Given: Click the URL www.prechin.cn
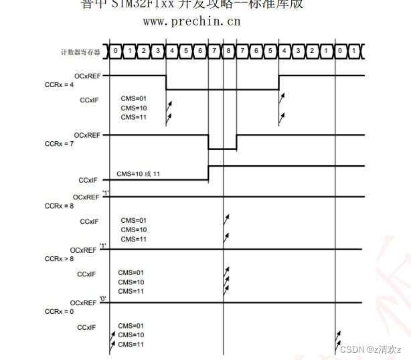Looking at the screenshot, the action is click(x=191, y=21).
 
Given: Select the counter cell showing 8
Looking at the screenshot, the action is click(x=228, y=50).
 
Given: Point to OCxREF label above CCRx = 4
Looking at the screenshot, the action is click(x=86, y=76).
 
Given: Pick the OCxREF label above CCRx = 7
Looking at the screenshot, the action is click(x=86, y=135).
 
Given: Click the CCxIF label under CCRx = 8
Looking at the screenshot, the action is click(x=90, y=221).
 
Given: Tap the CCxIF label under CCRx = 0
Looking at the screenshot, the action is click(x=88, y=327).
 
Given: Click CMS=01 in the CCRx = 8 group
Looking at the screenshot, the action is click(x=133, y=220).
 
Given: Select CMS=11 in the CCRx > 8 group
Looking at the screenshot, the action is click(x=131, y=291).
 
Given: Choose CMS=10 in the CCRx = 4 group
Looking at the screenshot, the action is click(x=133, y=108).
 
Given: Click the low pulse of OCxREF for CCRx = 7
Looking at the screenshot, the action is click(x=222, y=149).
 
